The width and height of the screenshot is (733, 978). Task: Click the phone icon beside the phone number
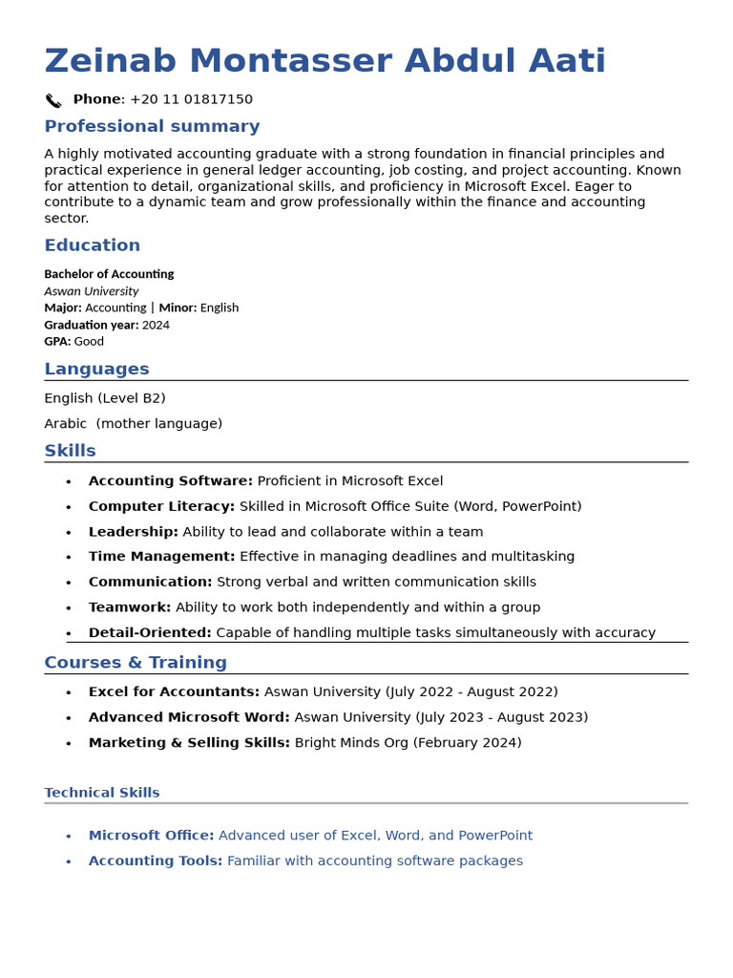pos(53,100)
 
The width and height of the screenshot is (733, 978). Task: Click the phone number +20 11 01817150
pos(191,99)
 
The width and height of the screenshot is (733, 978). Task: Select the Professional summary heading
pos(152,126)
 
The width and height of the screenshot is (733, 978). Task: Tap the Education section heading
pos(92,245)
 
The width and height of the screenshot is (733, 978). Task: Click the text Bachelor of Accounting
pos(109,274)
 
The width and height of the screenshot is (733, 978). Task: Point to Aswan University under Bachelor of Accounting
pos(91,291)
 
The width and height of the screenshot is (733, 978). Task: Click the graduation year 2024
pos(156,325)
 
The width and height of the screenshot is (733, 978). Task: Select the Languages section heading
pos(96,370)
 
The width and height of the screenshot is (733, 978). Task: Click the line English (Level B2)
pos(105,398)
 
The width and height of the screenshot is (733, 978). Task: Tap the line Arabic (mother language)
pos(133,424)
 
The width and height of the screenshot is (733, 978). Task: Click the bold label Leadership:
pos(134,532)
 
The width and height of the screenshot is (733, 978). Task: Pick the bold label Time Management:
pos(161,557)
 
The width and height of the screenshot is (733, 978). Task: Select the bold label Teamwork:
pos(130,607)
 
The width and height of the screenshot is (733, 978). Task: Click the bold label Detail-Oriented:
pos(150,632)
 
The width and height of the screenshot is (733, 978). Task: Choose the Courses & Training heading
pos(136,663)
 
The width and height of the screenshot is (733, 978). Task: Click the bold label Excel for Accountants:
pos(174,691)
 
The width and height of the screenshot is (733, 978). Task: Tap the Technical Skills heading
pos(102,793)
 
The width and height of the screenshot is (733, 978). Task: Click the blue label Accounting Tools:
pos(156,861)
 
